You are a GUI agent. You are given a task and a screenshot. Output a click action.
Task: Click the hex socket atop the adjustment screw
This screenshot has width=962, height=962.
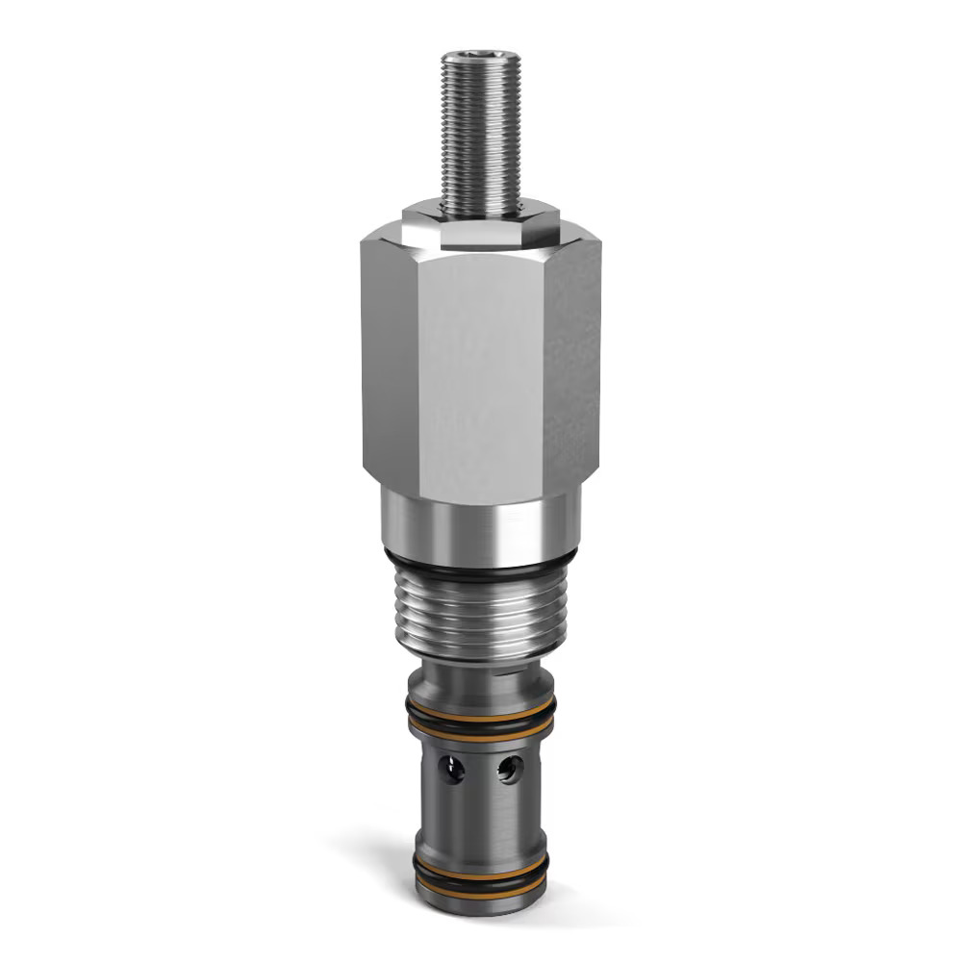point(481,59)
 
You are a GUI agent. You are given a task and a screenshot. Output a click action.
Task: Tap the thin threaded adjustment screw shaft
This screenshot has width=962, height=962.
point(481,135)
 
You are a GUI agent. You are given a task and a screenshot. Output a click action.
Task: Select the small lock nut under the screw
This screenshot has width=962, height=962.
point(481,219)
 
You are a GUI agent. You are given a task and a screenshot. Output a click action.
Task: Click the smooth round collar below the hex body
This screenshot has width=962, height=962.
point(481,524)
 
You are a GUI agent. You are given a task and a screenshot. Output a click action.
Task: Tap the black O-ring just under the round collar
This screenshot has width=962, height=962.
point(481,568)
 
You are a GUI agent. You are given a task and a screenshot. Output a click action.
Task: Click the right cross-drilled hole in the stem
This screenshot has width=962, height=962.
point(510,769)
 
